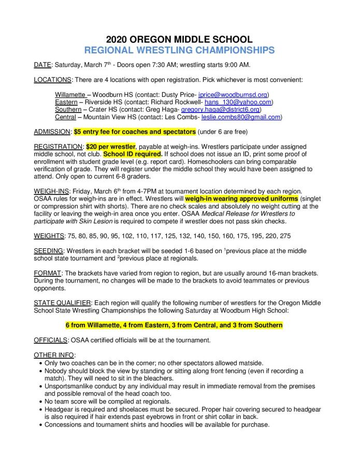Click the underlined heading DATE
tap(42, 65)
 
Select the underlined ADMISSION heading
tap(52, 132)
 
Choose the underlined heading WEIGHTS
tap(49, 236)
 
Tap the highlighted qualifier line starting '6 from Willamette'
tap(174, 325)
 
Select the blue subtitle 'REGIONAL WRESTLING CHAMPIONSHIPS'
tap(180, 50)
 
